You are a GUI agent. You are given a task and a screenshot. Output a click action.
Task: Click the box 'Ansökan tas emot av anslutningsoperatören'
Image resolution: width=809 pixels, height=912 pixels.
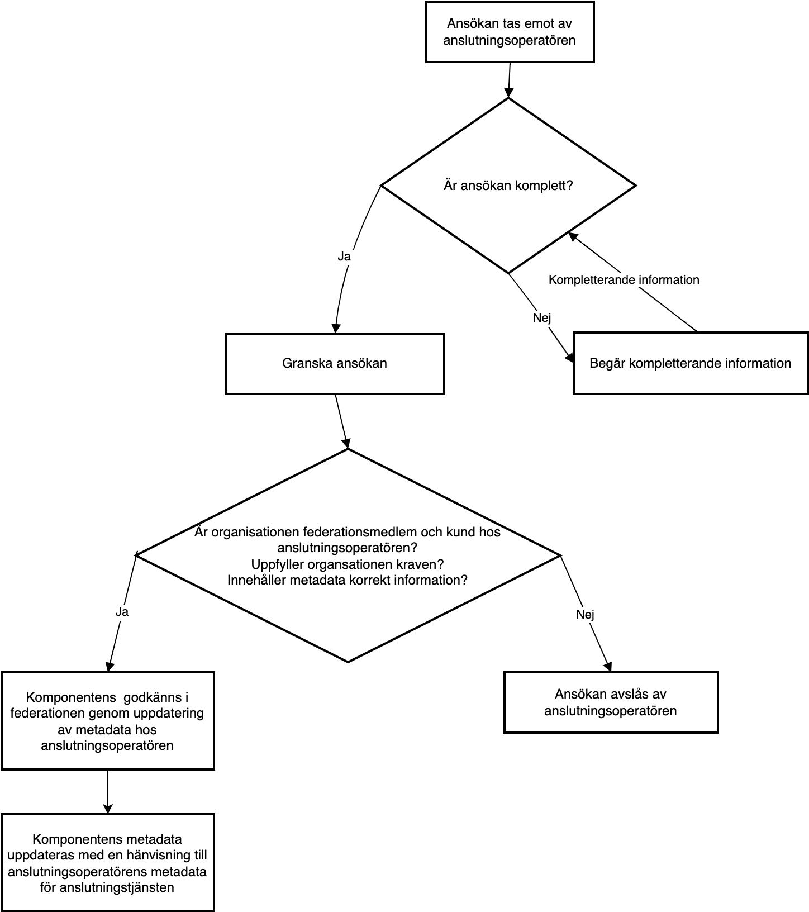point(510,32)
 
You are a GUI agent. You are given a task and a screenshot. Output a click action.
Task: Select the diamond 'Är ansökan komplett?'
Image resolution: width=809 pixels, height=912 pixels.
point(508,186)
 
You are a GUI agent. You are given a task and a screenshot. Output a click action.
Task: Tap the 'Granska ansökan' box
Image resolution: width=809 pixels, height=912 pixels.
point(335,364)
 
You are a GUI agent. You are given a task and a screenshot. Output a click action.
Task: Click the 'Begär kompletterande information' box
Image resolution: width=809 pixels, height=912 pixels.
point(691,363)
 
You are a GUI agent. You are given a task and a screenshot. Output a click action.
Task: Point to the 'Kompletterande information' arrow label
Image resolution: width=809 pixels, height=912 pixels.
point(624,279)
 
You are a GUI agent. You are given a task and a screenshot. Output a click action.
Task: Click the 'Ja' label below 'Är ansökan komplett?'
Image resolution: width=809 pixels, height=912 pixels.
point(344,256)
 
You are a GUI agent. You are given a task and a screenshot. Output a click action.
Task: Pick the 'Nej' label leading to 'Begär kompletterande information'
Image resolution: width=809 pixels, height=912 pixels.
point(542,318)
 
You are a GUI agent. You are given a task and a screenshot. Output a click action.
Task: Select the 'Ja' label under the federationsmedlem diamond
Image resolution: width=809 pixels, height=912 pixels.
point(122,612)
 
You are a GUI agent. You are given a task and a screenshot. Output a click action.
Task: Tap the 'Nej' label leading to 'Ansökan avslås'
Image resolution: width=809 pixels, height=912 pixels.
point(585,615)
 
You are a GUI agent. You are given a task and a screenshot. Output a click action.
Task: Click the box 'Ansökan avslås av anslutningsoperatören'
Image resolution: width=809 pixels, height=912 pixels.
point(611,702)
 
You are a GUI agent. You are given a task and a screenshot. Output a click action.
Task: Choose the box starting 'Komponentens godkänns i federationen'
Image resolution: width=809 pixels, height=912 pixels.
point(107,721)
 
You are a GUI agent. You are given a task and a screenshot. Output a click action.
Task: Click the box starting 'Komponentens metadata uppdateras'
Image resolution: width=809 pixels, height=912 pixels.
point(107,863)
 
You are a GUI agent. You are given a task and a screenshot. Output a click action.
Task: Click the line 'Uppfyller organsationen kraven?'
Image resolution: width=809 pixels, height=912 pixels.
point(348,563)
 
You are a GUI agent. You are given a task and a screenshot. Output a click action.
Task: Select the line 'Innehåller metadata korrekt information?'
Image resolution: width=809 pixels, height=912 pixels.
point(348,579)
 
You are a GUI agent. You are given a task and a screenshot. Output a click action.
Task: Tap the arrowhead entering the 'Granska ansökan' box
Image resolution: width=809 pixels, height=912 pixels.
point(336,329)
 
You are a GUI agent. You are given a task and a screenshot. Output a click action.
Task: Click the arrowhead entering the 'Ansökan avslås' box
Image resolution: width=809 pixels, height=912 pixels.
point(608,667)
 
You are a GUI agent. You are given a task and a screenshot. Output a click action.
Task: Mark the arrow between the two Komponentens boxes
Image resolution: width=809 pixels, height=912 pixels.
point(107,792)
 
